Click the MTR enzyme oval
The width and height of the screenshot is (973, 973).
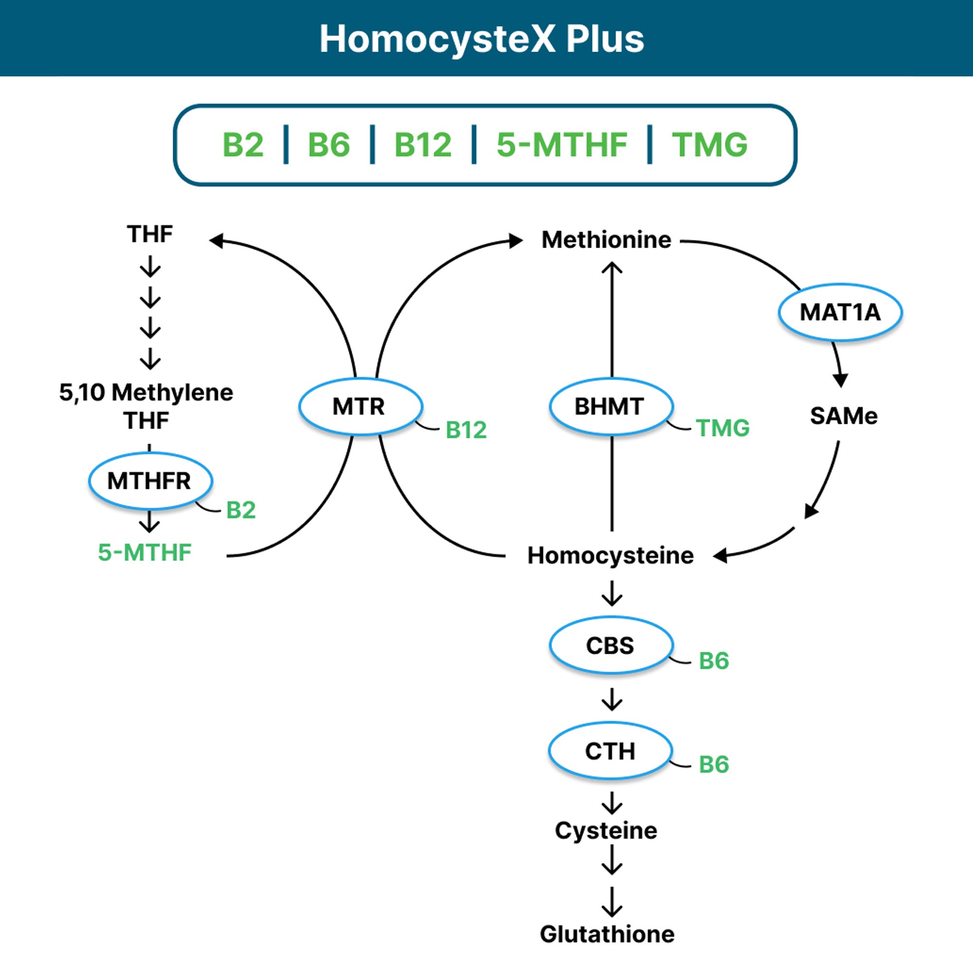360,406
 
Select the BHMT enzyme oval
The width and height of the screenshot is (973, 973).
611,406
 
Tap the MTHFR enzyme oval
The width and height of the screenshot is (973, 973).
150,481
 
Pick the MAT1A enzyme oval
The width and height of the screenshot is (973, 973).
840,312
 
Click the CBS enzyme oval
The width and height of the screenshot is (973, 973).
611,645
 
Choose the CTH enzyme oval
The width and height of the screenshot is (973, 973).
611,751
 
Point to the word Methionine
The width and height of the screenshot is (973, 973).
606,240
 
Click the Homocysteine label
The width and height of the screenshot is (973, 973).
611,556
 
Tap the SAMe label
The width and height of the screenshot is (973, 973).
844,416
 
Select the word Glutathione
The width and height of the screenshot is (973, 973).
607,934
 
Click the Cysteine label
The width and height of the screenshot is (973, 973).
606,830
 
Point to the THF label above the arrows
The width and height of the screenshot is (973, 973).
149,234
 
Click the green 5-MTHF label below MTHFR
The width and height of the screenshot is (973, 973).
144,553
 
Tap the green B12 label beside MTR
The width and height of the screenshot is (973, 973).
466,430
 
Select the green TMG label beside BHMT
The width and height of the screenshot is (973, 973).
723,428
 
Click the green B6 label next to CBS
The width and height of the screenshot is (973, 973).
714,661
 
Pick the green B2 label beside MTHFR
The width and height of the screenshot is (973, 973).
241,510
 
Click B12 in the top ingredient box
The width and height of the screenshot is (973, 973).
423,145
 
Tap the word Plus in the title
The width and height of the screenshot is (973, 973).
605,39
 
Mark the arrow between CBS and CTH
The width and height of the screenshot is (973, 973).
612,699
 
